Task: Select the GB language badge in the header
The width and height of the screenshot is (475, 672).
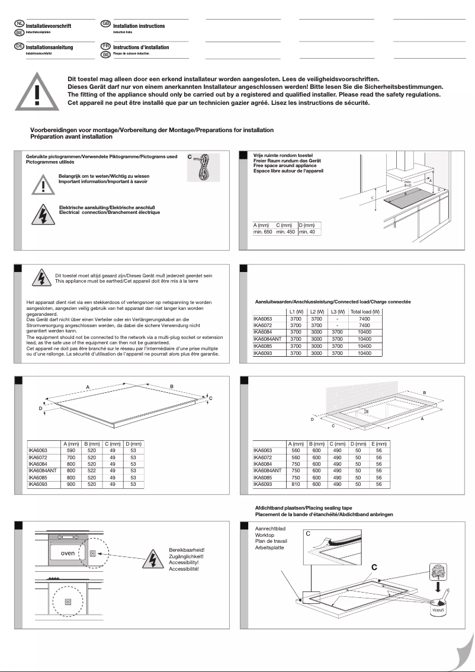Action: click(x=106, y=23)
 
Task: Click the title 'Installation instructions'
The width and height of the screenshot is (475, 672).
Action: click(x=139, y=26)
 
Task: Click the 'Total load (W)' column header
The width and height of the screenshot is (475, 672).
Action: click(x=365, y=312)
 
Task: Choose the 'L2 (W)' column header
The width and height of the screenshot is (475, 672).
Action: click(x=316, y=312)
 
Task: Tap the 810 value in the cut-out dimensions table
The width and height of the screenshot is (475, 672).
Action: click(x=296, y=484)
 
